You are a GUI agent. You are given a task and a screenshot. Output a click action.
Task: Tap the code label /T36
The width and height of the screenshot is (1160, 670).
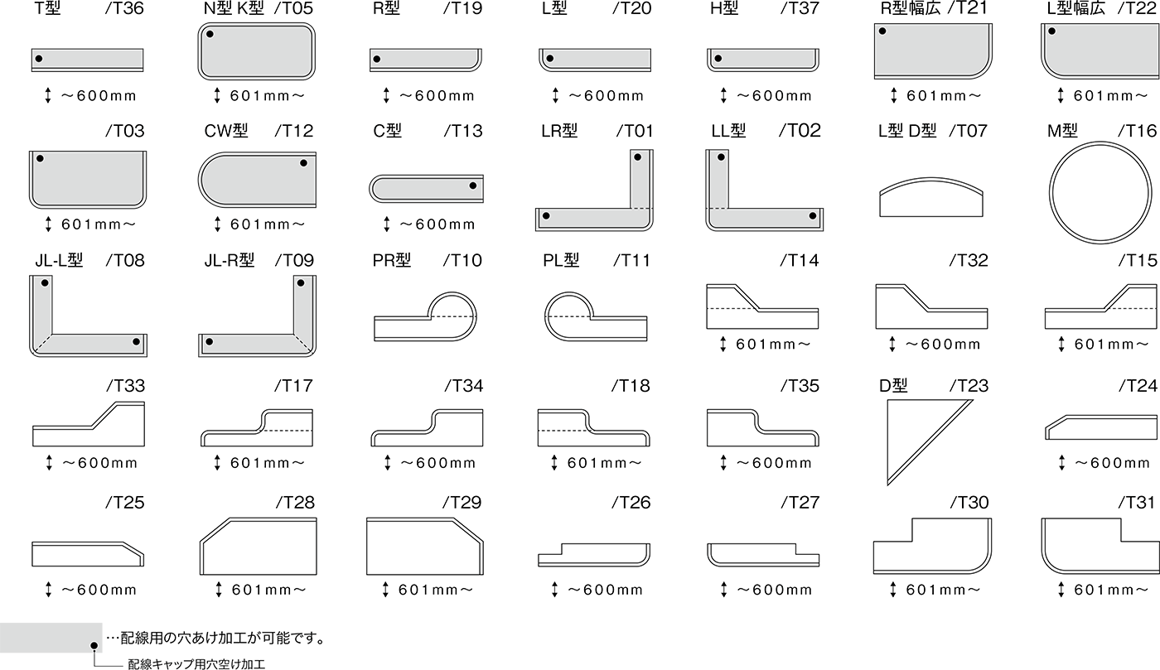(124, 8)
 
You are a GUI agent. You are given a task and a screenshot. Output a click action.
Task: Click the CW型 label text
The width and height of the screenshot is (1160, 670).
(226, 131)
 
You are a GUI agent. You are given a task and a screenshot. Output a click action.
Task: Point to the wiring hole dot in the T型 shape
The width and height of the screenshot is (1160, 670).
(39, 59)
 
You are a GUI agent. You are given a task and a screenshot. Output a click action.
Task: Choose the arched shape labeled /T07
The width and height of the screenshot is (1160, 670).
(931, 197)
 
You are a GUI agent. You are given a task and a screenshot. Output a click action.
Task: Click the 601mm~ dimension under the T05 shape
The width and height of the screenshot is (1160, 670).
(267, 96)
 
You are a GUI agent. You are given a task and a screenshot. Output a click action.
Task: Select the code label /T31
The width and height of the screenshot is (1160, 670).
(1137, 502)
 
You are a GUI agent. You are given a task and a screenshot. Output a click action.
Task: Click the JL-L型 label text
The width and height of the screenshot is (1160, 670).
(59, 260)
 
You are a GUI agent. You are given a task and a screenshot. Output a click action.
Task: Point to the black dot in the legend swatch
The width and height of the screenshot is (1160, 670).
(94, 646)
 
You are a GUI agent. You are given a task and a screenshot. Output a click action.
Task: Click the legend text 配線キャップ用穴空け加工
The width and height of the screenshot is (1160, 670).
(196, 664)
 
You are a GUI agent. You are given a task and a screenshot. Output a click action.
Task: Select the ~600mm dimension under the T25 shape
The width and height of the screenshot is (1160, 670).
(99, 590)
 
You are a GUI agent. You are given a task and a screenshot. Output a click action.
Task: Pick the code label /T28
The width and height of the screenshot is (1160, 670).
(295, 502)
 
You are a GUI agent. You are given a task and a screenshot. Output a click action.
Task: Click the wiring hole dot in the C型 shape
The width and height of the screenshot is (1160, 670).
(473, 186)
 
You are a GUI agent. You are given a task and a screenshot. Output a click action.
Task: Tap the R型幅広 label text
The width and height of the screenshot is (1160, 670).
(911, 8)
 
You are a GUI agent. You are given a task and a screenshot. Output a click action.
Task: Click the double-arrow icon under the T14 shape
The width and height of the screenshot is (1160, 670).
(723, 344)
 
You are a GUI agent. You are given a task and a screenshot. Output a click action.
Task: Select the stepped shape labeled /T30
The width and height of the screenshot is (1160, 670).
(932, 546)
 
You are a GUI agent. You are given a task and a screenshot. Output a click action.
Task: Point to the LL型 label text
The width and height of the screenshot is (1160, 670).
(728, 131)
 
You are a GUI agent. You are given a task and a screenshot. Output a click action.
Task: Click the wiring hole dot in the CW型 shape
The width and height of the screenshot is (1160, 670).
(303, 163)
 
